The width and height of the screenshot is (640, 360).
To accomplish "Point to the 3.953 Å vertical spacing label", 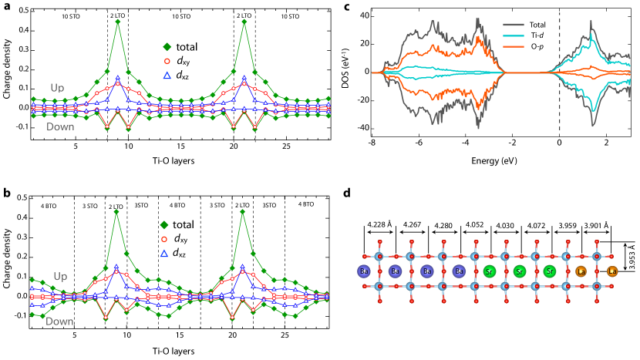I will (x=631, y=264).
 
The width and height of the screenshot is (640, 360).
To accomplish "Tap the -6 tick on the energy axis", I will (x=418, y=144).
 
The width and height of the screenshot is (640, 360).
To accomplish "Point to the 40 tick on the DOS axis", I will (x=373, y=15).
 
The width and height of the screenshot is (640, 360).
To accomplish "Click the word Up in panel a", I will (x=58, y=87).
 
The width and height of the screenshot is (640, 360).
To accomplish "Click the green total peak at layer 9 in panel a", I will (x=117, y=21).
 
